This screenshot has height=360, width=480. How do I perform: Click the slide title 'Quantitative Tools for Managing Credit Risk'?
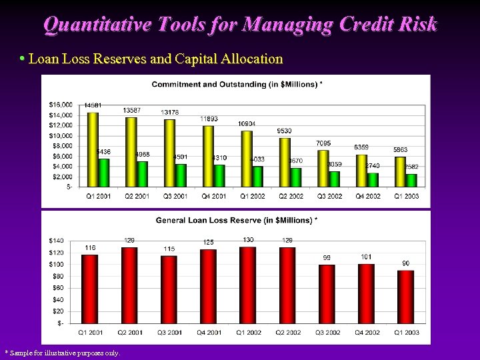240,25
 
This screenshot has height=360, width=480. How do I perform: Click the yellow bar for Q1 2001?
93,149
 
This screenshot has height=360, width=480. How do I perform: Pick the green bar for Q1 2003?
412,180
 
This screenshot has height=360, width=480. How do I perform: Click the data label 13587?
131,110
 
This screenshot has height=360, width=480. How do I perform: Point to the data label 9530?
284,131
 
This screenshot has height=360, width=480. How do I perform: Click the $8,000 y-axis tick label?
62,146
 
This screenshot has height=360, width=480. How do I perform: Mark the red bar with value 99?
327,294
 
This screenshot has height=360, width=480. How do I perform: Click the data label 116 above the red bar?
89,247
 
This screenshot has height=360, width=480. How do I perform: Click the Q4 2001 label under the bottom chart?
209,333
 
